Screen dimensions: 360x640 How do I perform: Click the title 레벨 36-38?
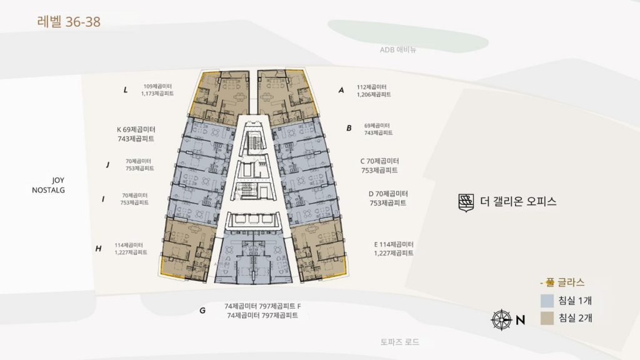tap(69, 22)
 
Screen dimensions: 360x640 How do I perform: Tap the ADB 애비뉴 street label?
tap(398, 50)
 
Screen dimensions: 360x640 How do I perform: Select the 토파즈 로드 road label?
tap(399, 342)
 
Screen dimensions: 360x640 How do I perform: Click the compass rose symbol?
tap(501, 320)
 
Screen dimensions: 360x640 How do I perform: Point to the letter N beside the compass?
tap(520, 321)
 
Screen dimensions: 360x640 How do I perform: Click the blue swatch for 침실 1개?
tap(547, 301)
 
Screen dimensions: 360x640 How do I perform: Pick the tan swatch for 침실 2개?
tap(547, 318)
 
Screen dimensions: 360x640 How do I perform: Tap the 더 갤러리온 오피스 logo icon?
tap(466, 202)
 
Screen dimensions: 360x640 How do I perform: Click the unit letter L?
tap(126, 90)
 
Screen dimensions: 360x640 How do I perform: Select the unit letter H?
tap(98, 249)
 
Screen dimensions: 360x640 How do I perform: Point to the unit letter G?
tap(202, 310)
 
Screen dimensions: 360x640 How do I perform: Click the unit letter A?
tap(341, 90)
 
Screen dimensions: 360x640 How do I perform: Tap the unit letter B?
tap(349, 128)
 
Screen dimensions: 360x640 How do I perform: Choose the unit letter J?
tap(107, 164)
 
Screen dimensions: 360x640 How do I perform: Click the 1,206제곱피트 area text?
tap(374, 94)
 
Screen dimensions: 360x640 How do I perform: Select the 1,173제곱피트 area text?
tap(157, 93)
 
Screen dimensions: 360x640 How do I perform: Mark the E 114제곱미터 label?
tap(394, 244)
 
